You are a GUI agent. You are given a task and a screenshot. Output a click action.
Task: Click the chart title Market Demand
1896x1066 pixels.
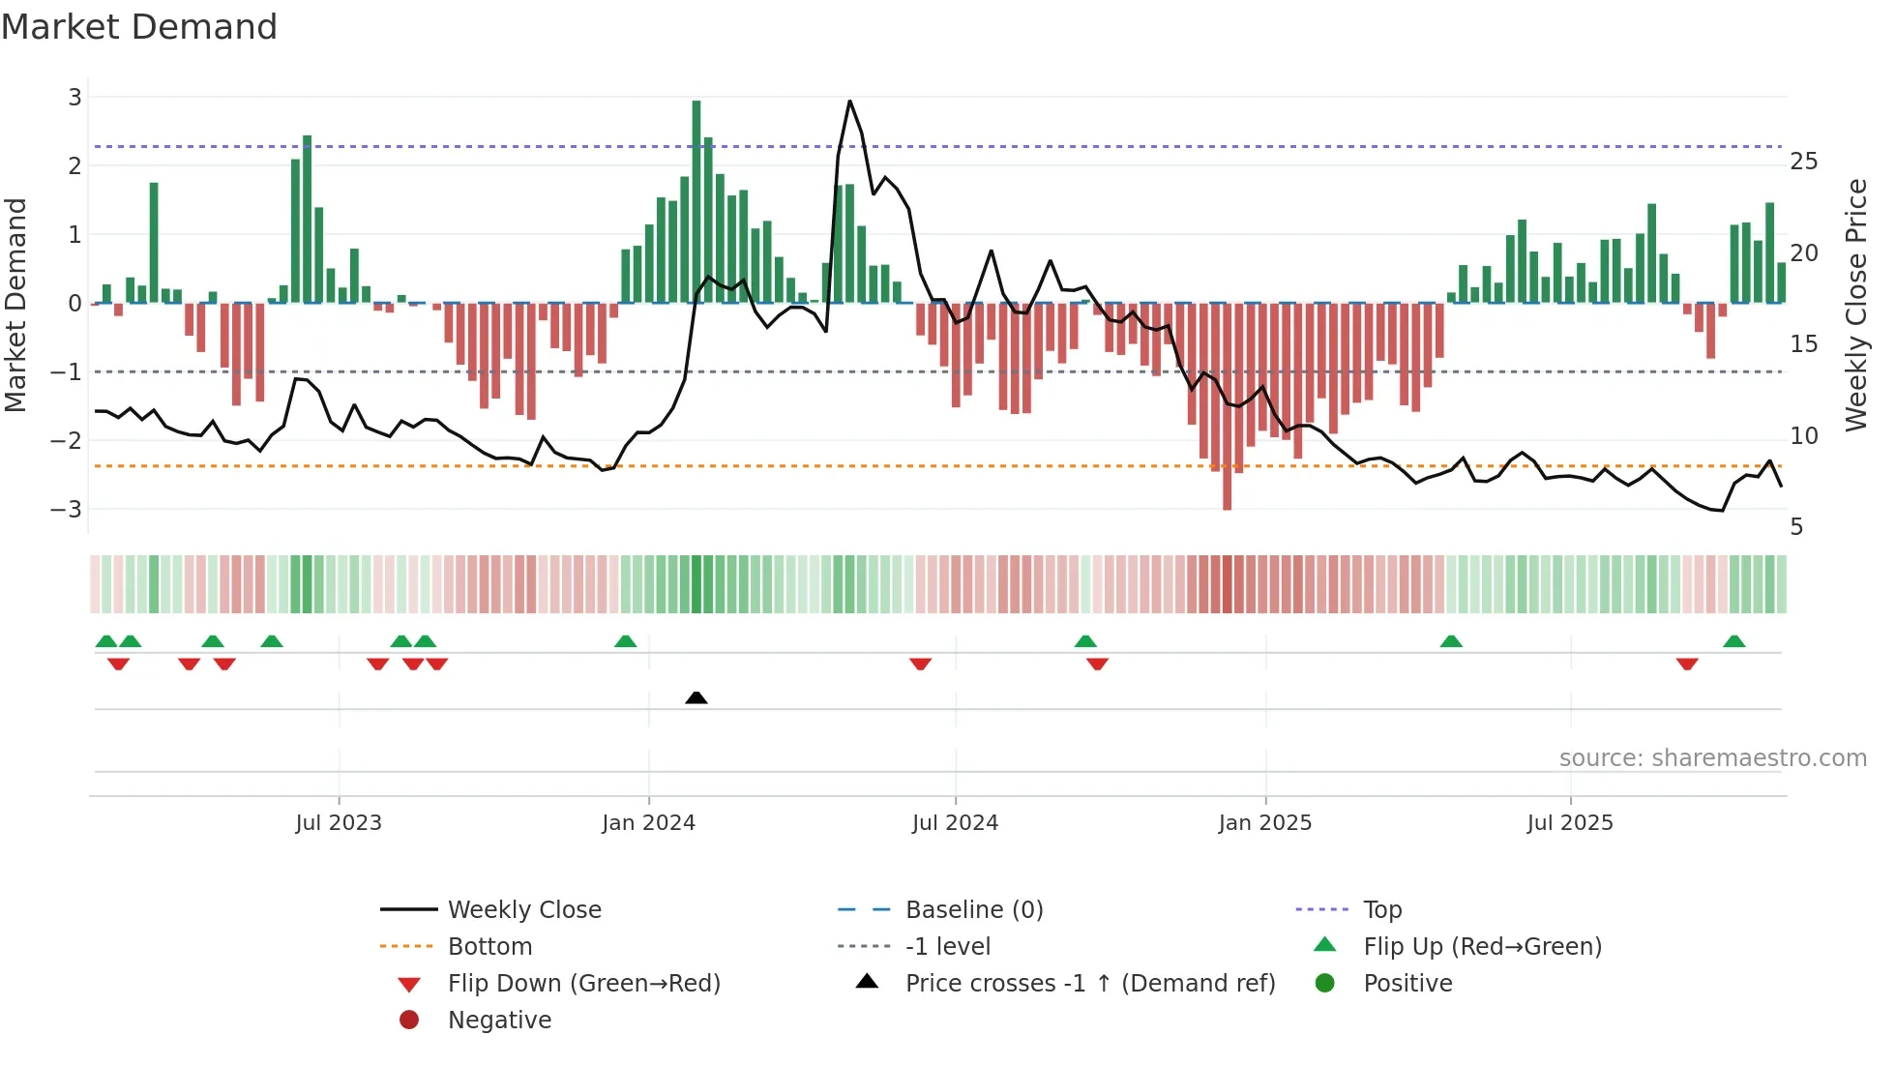pyautogui.click(x=139, y=27)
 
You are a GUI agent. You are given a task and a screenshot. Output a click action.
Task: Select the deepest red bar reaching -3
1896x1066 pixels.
pyautogui.click(x=1227, y=406)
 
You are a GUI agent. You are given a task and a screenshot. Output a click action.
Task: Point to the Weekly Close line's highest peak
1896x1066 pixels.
pyautogui.click(x=849, y=102)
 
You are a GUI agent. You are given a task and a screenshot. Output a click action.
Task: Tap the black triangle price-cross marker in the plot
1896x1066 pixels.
pyautogui.click(x=696, y=697)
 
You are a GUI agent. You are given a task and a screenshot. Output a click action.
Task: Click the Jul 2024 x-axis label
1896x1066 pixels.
pyautogui.click(x=955, y=823)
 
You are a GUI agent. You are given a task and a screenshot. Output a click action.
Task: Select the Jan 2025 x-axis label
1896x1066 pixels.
pyautogui.click(x=1264, y=823)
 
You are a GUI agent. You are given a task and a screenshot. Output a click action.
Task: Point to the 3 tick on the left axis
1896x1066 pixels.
pyautogui.click(x=74, y=98)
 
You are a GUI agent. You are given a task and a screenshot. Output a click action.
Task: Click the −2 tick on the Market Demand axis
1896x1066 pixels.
pyautogui.click(x=67, y=441)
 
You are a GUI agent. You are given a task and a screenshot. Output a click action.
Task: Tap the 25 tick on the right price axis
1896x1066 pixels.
pyautogui.click(x=1803, y=162)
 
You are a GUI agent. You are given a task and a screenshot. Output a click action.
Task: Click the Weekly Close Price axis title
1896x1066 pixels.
pyautogui.click(x=1855, y=305)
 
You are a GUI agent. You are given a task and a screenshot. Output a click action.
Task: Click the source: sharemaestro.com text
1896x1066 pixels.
pyautogui.click(x=1712, y=758)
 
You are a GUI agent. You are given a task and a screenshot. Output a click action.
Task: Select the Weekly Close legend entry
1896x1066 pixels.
pyautogui.click(x=523, y=910)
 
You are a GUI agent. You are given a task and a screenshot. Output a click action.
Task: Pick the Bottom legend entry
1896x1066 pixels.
pyautogui.click(x=489, y=947)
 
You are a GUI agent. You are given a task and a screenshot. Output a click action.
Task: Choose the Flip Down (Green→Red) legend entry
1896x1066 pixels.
pyautogui.click(x=583, y=984)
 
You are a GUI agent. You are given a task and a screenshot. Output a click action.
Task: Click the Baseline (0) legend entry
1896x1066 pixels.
pyautogui.click(x=973, y=910)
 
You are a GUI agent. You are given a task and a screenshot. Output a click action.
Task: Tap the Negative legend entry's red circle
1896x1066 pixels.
pyautogui.click(x=409, y=1021)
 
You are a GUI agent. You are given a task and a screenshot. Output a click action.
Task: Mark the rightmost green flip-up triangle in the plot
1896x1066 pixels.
pyautogui.click(x=1733, y=641)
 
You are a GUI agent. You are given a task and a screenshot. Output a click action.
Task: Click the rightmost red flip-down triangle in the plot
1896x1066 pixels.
pyautogui.click(x=1687, y=664)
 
